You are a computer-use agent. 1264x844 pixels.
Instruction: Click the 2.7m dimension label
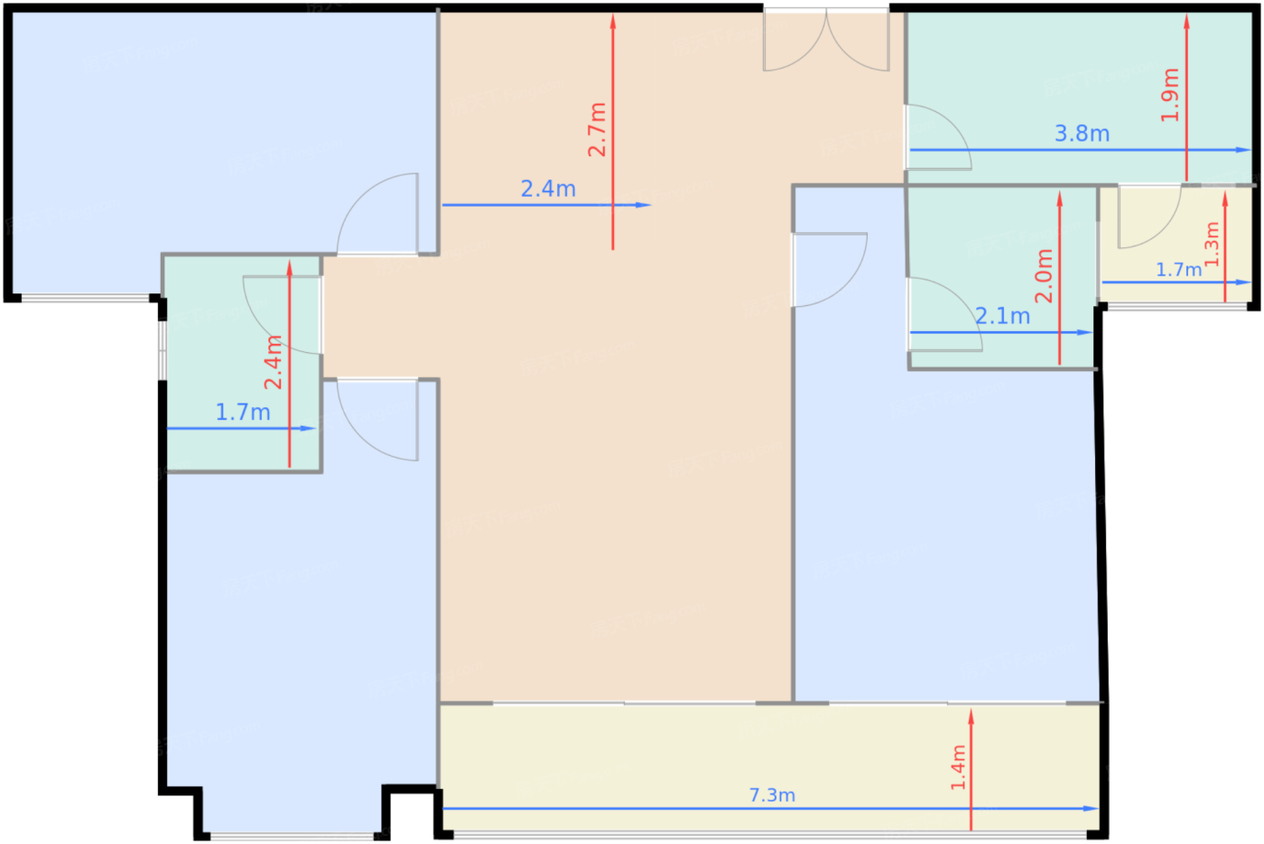[597, 129]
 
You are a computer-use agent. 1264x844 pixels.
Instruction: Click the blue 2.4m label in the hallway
[548, 189]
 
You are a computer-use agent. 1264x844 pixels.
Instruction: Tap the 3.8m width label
[1082, 134]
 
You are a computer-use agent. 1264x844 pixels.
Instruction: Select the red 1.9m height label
[1170, 95]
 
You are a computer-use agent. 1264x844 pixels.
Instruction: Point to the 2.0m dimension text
[1044, 275]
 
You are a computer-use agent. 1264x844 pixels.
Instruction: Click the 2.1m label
[1002, 316]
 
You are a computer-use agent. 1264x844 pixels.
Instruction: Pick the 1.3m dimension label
[1213, 244]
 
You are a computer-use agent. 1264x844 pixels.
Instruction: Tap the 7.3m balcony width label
[772, 795]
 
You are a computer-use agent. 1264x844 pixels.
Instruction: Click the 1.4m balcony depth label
[958, 767]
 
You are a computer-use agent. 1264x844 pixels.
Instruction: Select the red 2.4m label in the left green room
[274, 362]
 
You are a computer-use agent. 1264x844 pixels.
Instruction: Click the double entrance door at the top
[826, 41]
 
